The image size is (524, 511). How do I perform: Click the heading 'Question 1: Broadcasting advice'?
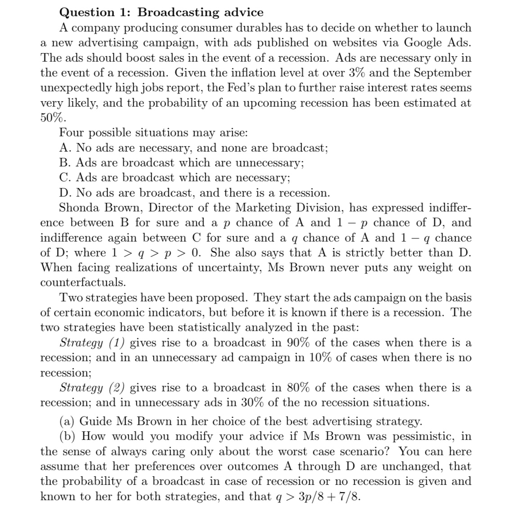(161, 12)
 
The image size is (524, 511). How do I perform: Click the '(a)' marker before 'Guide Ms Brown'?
(68, 421)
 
